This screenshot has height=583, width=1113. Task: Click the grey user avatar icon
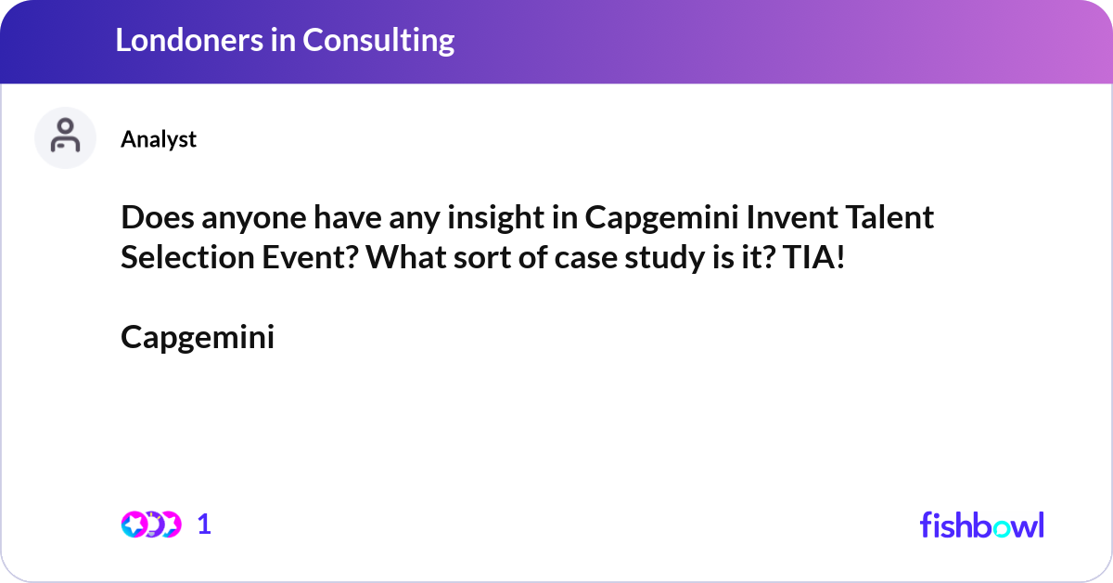click(65, 137)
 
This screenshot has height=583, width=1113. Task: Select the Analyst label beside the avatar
click(159, 139)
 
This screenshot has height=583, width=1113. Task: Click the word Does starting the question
click(151, 218)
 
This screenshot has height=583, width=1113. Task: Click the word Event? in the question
click(301, 258)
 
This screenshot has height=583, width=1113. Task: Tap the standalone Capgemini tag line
click(198, 338)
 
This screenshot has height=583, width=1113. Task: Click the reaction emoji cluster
click(150, 525)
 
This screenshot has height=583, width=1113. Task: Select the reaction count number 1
click(205, 525)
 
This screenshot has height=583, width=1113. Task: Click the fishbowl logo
click(981, 525)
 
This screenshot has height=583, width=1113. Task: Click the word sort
click(499, 258)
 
